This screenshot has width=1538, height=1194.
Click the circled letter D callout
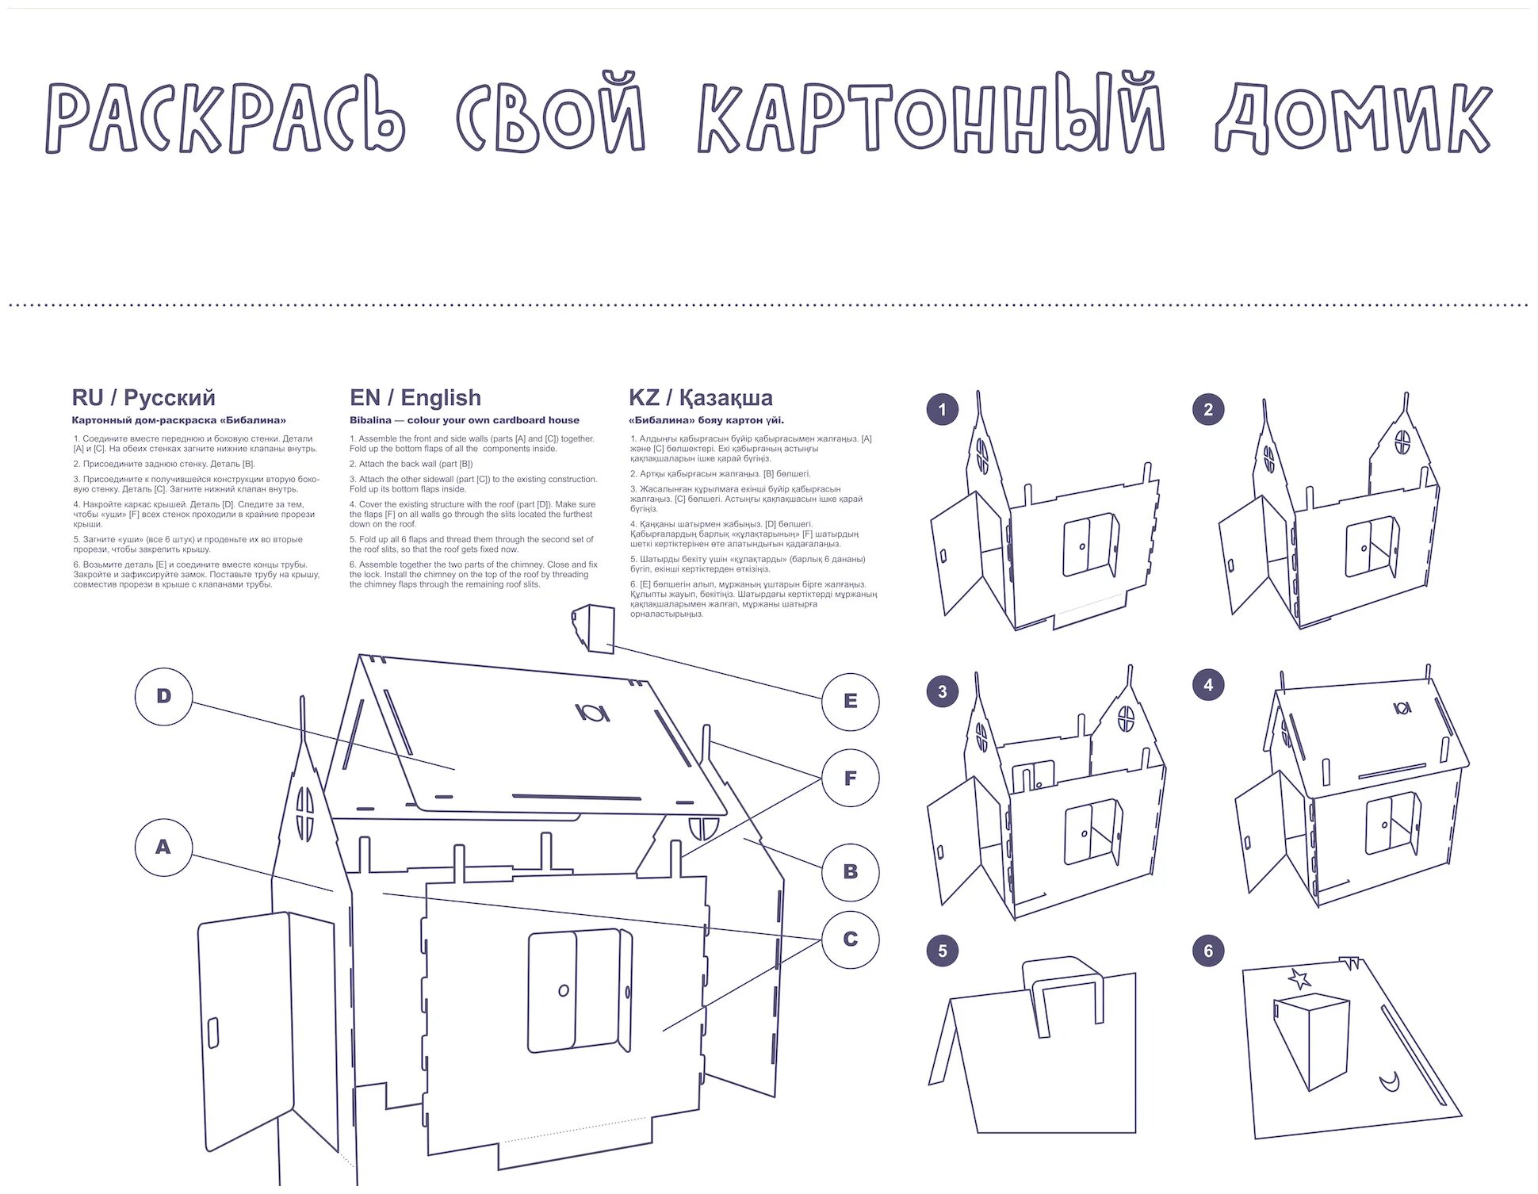(x=163, y=697)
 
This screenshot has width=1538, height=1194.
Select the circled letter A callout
(x=163, y=848)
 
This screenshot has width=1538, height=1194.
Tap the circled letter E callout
(x=850, y=702)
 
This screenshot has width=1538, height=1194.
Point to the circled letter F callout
(x=850, y=779)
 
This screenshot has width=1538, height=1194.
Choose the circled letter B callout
(x=850, y=872)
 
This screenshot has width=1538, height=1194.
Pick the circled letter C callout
(x=850, y=940)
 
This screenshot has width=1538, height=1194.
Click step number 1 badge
(x=942, y=410)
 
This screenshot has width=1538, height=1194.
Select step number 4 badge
(x=1207, y=685)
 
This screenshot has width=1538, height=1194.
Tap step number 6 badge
(x=1207, y=951)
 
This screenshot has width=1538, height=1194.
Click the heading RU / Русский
(x=143, y=397)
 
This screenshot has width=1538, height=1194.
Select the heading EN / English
(x=415, y=397)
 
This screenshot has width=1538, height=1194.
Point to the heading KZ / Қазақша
(x=700, y=397)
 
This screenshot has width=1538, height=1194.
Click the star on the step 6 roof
(x=1299, y=979)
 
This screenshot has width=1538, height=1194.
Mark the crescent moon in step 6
(x=1388, y=1081)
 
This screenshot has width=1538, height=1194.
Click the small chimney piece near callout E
(x=595, y=628)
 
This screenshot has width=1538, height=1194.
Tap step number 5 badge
(x=942, y=951)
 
